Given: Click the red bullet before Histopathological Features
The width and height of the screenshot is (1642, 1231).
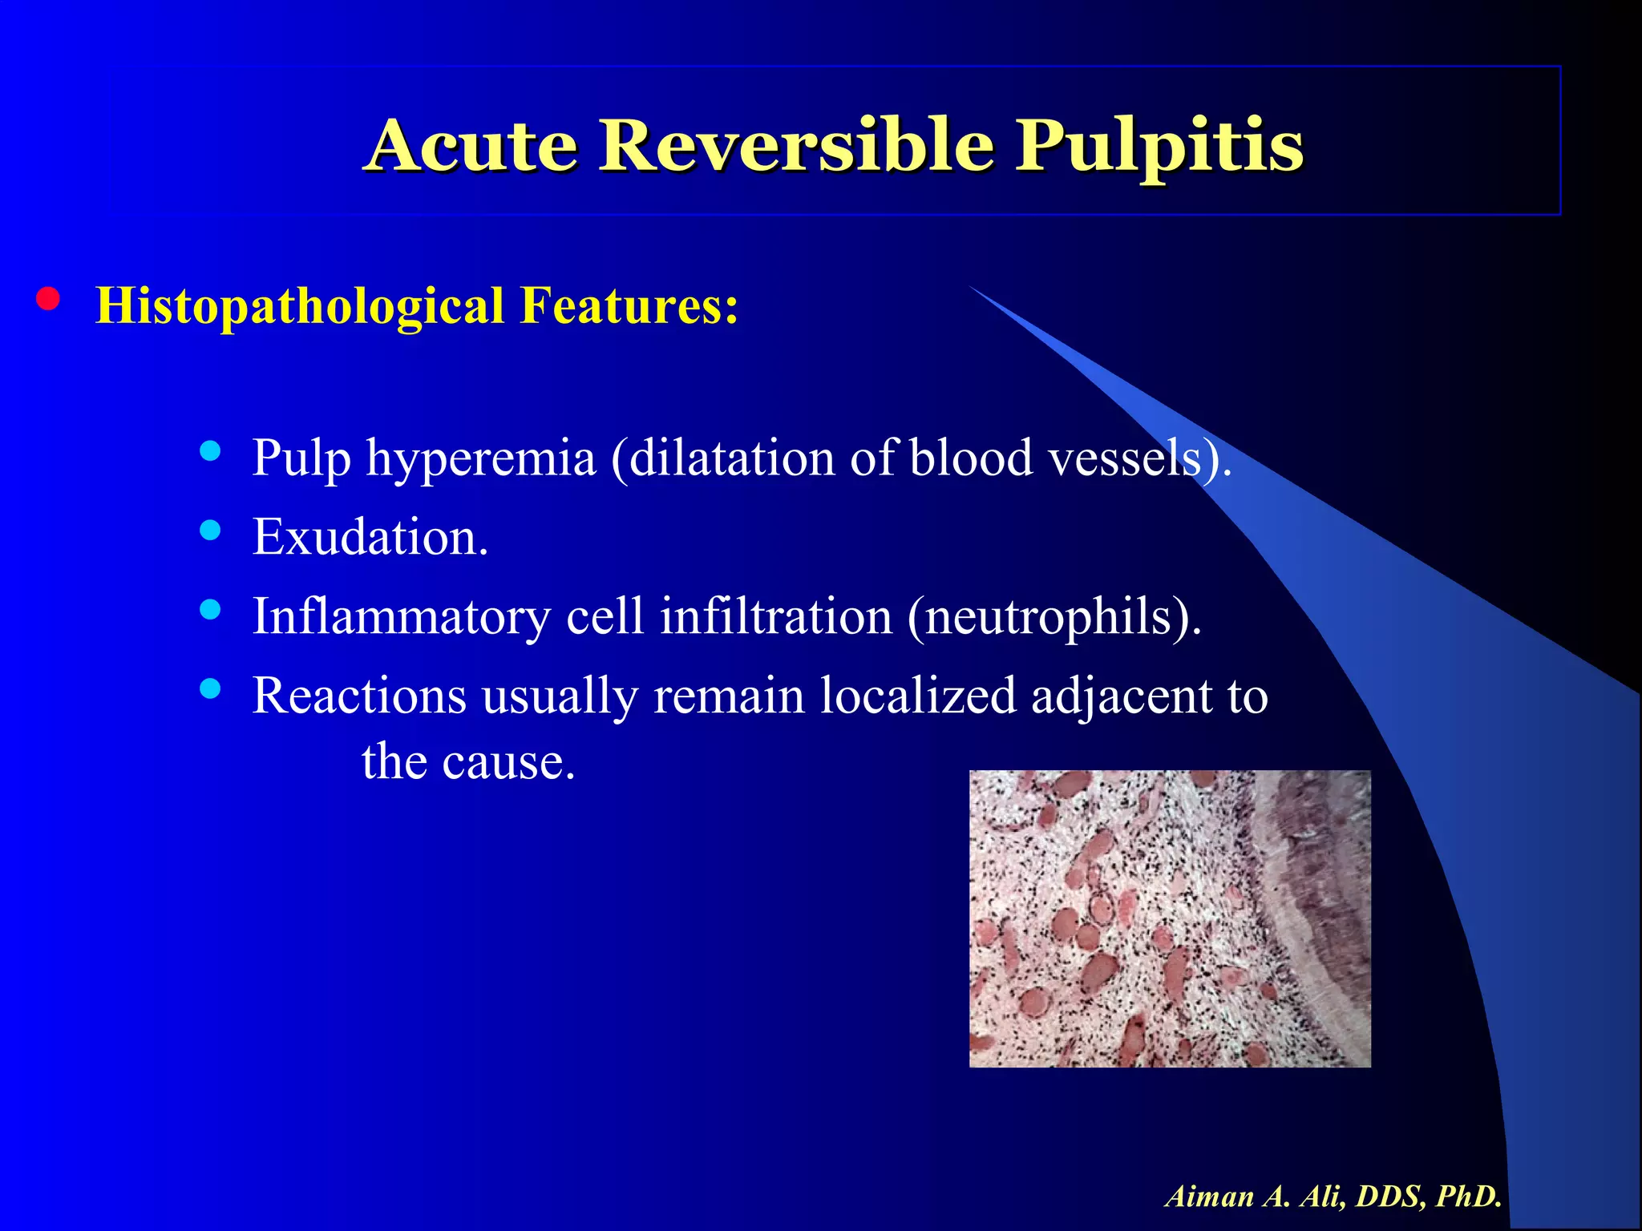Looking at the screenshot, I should click(48, 299).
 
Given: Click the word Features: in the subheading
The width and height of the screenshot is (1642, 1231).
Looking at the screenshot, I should click(629, 305).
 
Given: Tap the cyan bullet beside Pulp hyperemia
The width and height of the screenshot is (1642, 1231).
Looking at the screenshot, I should click(210, 451).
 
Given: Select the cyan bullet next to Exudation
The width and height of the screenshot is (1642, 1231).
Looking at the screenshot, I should click(210, 530).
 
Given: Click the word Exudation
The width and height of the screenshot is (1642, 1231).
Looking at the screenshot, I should click(370, 537).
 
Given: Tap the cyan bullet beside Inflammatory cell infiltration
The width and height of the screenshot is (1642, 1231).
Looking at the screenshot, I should click(210, 610).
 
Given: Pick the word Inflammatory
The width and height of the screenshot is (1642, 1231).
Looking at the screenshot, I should click(402, 618).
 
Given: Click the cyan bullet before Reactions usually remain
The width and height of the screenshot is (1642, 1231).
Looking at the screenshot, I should click(210, 688).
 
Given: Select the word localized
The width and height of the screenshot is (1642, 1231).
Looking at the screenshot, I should click(918, 696).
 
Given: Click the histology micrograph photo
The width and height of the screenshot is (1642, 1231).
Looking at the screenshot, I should click(1170, 918).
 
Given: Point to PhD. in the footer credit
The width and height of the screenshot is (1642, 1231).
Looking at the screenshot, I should click(1469, 1197).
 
